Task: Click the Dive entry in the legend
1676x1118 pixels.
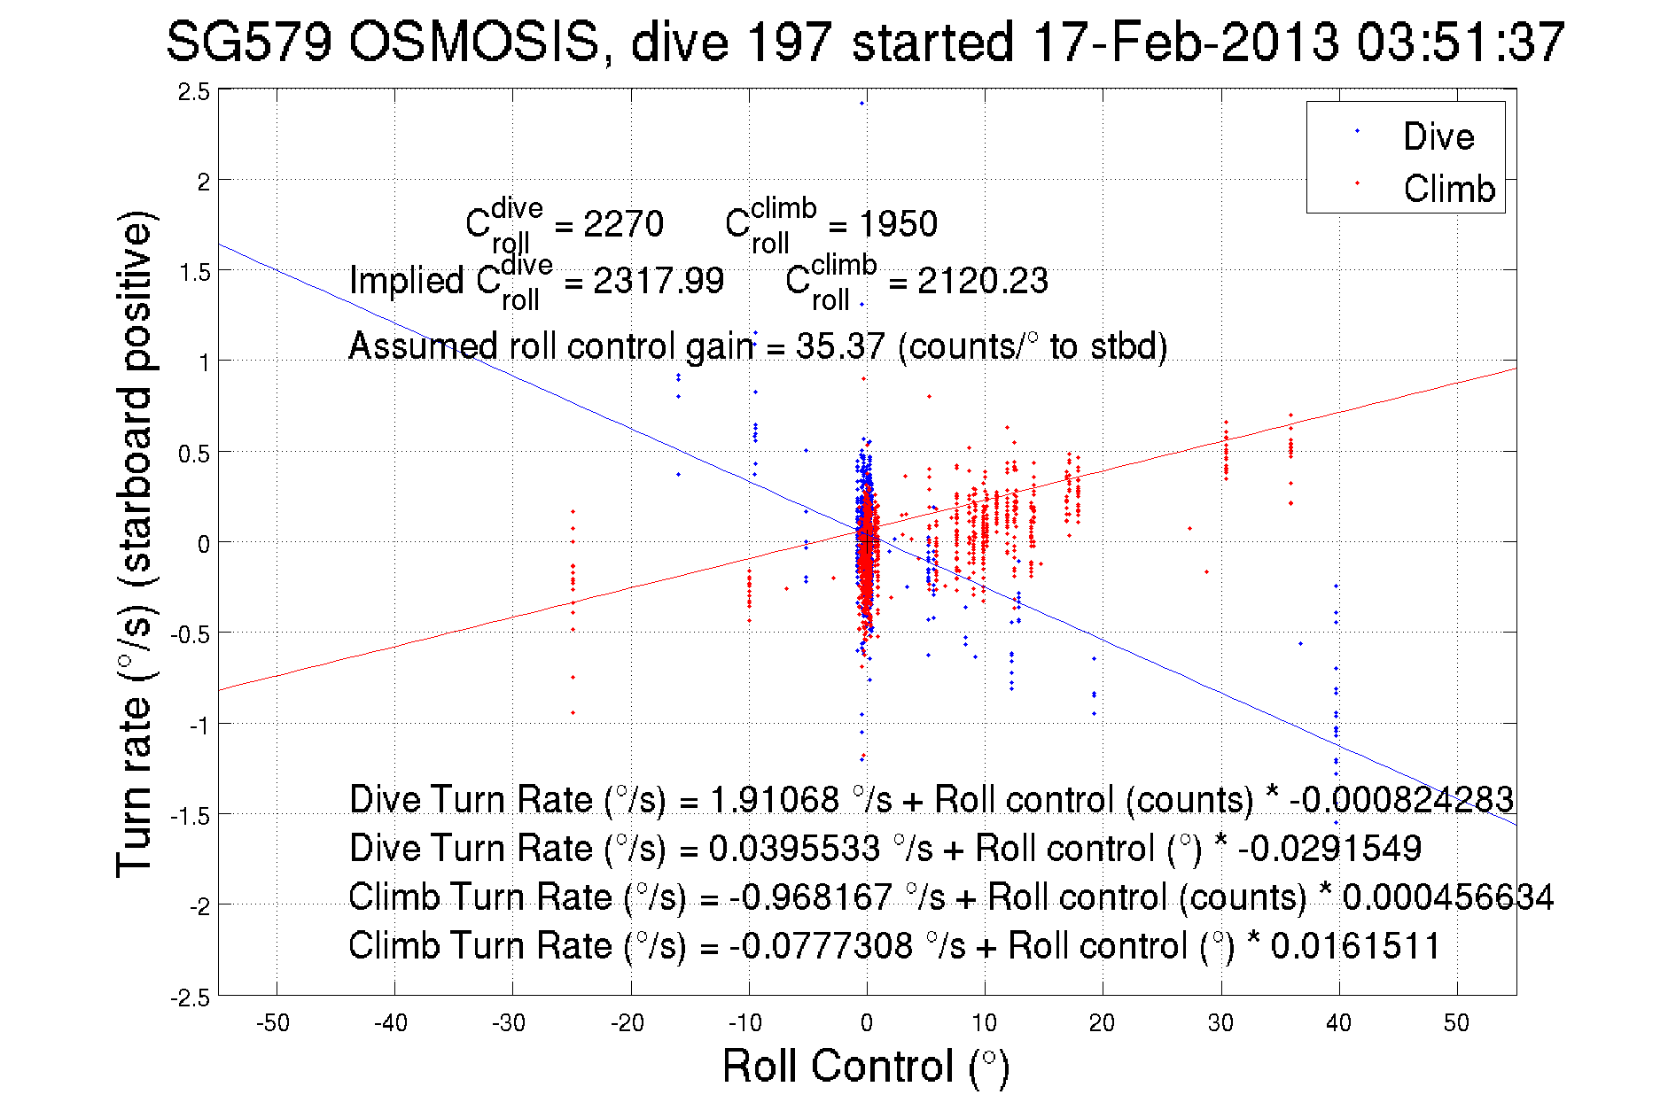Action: click(x=1438, y=136)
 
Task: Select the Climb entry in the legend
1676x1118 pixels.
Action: click(x=1448, y=189)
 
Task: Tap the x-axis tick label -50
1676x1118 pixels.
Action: click(x=273, y=1023)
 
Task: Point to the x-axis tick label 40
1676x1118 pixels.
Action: click(x=1338, y=1023)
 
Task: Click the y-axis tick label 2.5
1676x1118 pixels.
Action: click(x=194, y=92)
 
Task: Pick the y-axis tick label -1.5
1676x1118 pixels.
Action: click(x=191, y=816)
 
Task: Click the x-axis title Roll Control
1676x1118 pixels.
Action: click(x=865, y=1066)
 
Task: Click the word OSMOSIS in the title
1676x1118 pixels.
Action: click(x=473, y=42)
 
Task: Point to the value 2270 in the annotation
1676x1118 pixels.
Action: click(x=623, y=224)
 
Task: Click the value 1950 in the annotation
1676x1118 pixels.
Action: click(x=898, y=224)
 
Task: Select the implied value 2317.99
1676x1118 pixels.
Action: click(x=658, y=281)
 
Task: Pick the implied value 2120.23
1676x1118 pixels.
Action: click(x=982, y=281)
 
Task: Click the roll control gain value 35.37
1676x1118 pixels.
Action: click(x=839, y=346)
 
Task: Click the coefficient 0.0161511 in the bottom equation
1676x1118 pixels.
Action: click(x=1355, y=945)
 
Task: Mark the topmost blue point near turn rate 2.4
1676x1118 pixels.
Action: click(x=861, y=103)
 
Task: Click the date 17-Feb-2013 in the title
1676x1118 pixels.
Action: click(x=1185, y=42)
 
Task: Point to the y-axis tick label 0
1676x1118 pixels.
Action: click(x=203, y=544)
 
